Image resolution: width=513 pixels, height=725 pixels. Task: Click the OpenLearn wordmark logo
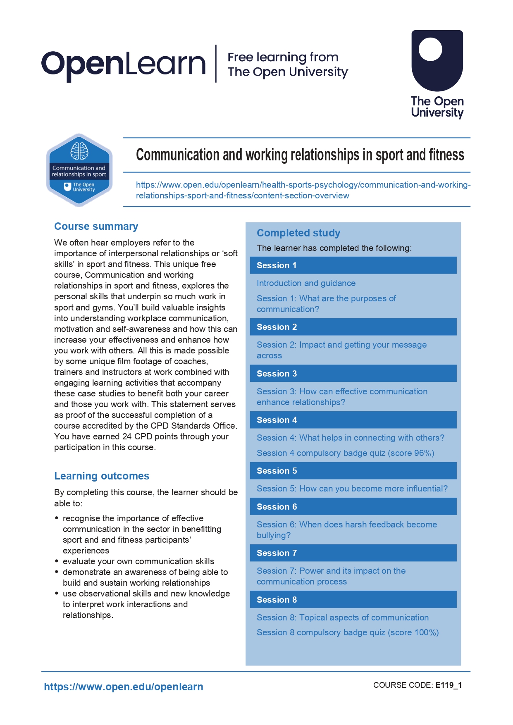click(x=123, y=64)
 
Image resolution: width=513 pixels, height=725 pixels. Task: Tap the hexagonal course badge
click(x=79, y=170)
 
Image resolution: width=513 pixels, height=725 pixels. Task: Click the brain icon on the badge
click(x=79, y=151)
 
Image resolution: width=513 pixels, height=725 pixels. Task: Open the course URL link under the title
click(x=303, y=190)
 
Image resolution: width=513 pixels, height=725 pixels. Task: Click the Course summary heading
click(x=96, y=227)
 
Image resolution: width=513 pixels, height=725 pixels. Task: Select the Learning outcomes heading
click(x=102, y=476)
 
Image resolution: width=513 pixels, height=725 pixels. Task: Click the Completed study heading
click(x=298, y=233)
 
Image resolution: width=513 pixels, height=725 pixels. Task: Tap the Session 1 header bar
click(x=353, y=265)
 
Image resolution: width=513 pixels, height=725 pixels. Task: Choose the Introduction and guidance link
click(x=306, y=283)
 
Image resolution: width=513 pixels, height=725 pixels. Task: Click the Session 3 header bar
click(x=353, y=374)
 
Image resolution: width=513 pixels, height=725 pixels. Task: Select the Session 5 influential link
click(x=352, y=489)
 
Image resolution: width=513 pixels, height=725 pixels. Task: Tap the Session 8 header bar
click(x=353, y=600)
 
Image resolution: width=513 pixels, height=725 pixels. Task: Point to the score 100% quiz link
click(x=348, y=632)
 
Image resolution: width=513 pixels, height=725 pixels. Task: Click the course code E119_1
click(x=449, y=685)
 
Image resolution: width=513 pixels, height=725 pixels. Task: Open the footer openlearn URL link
click(x=124, y=687)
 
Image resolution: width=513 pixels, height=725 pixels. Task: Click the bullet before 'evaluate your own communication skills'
click(x=57, y=561)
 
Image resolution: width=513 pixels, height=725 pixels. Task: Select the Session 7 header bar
click(x=353, y=553)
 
